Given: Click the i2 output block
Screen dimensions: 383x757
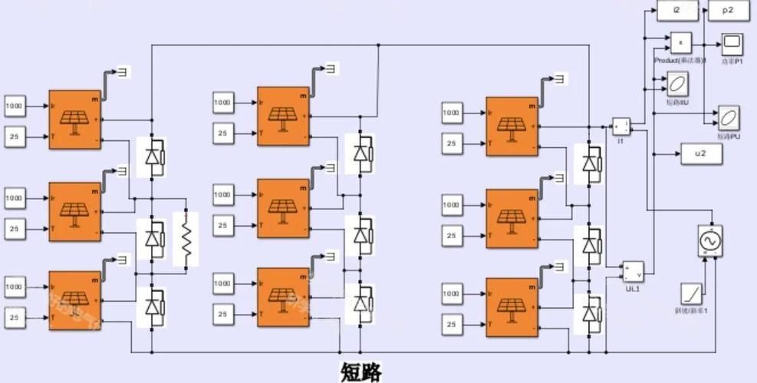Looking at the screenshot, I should [677, 11].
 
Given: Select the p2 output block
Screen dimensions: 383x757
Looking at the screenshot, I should [728, 11].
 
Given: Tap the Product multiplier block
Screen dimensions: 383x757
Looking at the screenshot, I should [681, 43].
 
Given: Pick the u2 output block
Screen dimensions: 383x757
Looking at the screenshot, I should [701, 154].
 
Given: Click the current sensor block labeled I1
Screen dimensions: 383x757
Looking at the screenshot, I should [620, 126].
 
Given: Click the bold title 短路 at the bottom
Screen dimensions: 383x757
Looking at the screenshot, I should [360, 372].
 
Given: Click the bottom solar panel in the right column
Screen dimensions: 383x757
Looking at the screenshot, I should [512, 307].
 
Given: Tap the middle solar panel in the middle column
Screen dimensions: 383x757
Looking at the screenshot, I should [283, 208].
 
